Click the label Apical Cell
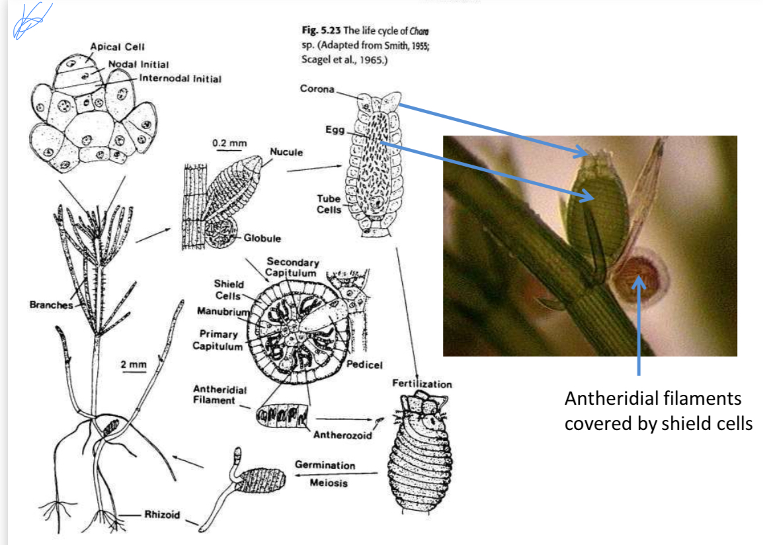117,46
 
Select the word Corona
317,89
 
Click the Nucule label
286,152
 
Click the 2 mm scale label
133,364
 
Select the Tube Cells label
329,204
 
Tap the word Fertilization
422,384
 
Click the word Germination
325,465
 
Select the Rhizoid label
162,515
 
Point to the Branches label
51,305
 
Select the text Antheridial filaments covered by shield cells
658,411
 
